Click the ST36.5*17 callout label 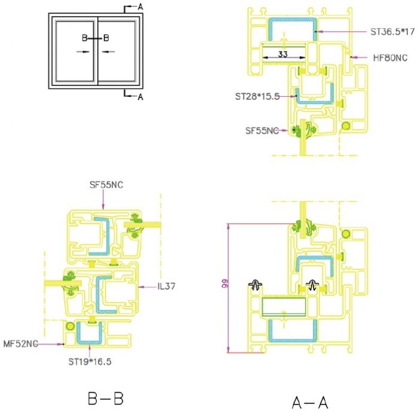point(392,32)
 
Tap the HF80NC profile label point(391,57)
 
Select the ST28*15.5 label point(257,96)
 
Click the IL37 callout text point(167,287)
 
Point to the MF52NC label point(20,343)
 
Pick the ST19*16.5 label point(90,361)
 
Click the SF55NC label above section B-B point(106,185)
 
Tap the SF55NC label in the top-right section point(262,131)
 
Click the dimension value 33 point(283,54)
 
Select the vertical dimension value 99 point(225,283)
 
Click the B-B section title point(106,398)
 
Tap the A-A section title point(310,402)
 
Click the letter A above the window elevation point(140,7)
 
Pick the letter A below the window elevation point(140,97)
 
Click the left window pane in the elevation point(75,51)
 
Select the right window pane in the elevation point(117,51)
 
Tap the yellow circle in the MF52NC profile point(70,326)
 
